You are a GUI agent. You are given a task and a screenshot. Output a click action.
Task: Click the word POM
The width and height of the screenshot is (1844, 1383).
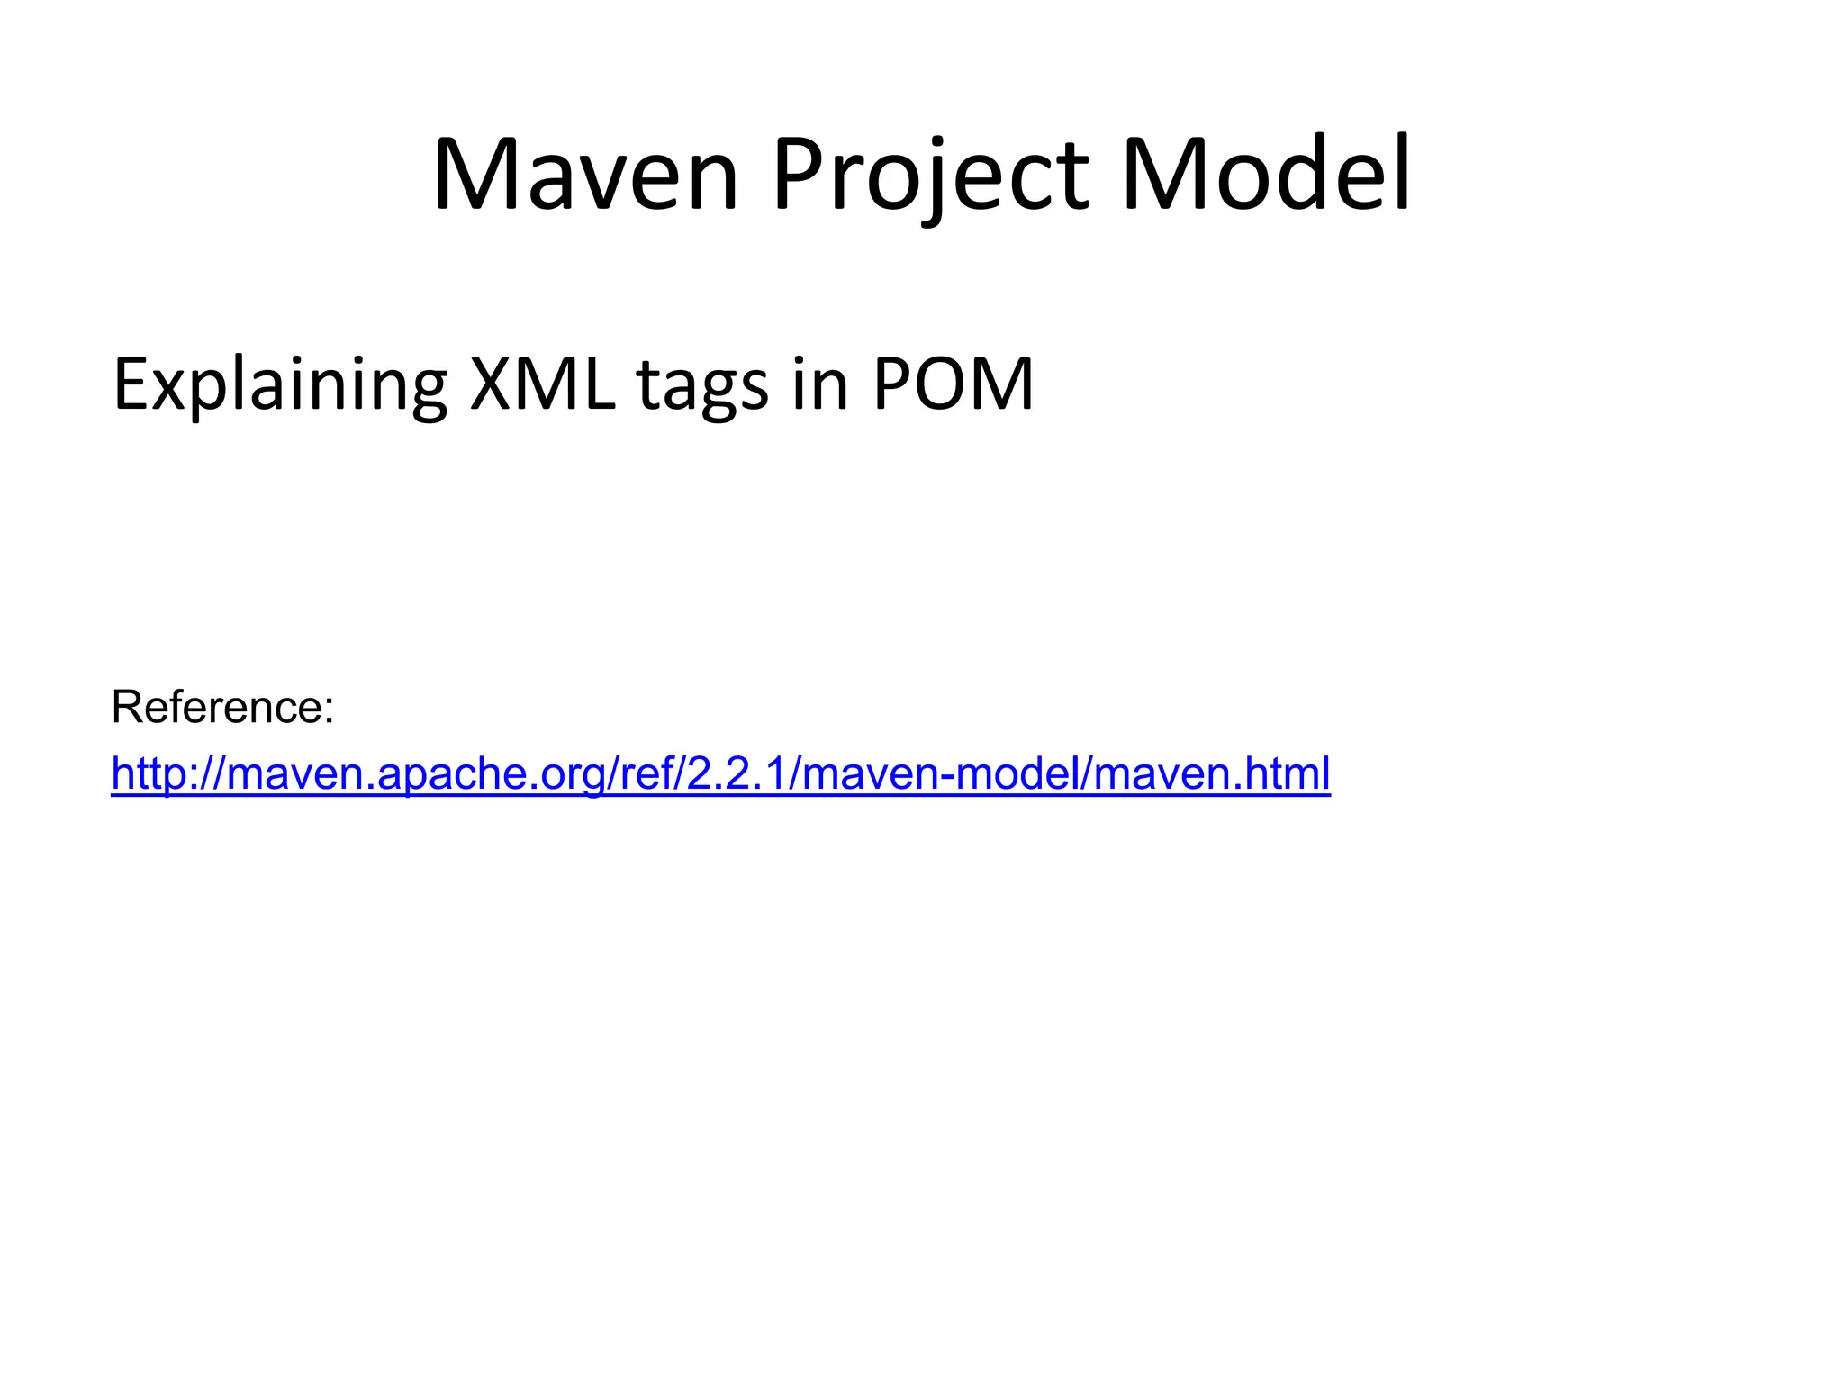(x=954, y=385)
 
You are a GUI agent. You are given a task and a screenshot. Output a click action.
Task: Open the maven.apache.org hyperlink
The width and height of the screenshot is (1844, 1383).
(x=720, y=773)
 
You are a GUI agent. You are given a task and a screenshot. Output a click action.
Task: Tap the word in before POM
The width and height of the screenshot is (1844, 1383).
(x=820, y=385)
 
